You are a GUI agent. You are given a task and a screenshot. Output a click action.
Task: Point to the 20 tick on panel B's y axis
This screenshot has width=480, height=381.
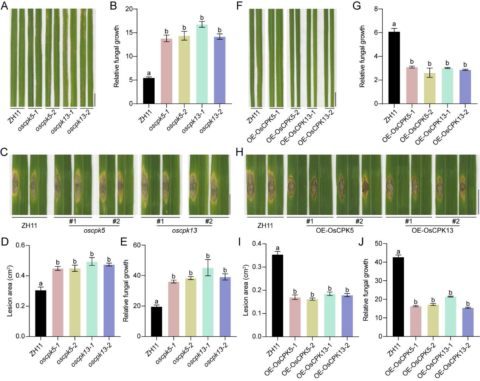pyautogui.click(x=130, y=9)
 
